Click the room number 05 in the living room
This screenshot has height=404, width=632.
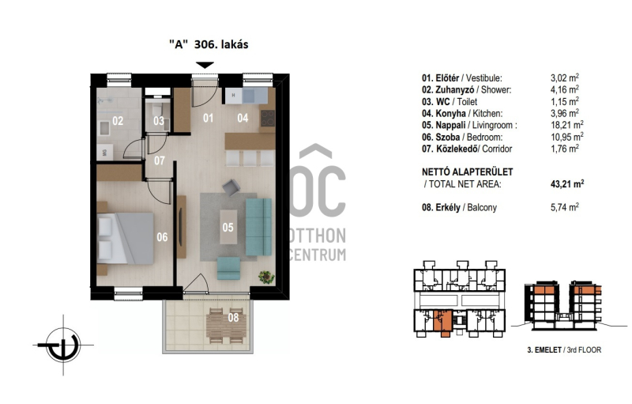coord(228,228)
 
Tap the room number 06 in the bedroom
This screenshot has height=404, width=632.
coord(162,237)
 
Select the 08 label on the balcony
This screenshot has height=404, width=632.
coord(233,318)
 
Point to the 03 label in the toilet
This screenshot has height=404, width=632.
coord(159,121)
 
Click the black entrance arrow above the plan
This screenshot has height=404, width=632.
coord(205,66)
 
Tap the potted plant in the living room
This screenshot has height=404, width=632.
coord(266,277)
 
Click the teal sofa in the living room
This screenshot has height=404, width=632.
coord(259,227)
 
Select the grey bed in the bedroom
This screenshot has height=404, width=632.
coord(126,238)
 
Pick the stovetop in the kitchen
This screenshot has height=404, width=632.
coord(268,119)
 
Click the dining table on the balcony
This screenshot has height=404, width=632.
coord(226,327)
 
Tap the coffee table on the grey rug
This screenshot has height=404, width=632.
coord(228,227)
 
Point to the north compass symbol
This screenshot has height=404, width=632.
coord(63,345)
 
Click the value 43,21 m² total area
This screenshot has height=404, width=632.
coord(567,184)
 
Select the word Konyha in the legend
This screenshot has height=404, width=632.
coord(450,114)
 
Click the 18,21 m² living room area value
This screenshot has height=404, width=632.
coord(567,125)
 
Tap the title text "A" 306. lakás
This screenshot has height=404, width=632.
coord(209,44)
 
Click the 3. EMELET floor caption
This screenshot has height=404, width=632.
coord(544,350)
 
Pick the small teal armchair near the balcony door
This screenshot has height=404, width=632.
coord(228,269)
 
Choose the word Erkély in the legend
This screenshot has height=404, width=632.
coord(448,208)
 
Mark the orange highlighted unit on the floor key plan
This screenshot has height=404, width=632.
coord(442,322)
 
